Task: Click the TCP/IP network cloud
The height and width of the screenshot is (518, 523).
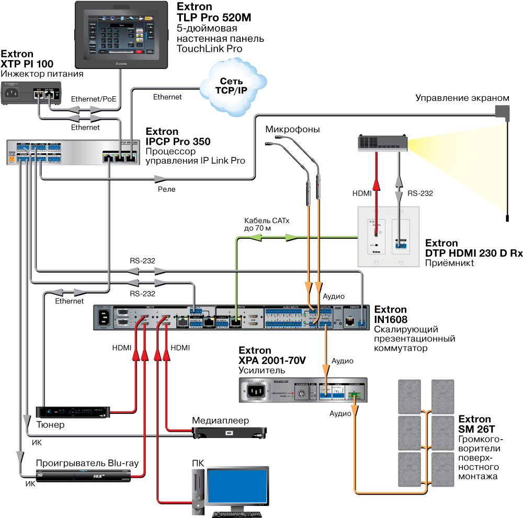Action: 232,84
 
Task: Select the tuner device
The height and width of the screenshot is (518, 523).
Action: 73,412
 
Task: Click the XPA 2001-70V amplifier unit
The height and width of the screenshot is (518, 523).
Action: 303,390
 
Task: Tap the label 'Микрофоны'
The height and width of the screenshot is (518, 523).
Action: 292,129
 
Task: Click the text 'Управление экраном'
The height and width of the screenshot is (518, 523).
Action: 462,98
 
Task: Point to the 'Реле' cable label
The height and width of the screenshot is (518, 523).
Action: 167,189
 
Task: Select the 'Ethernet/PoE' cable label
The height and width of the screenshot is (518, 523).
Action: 93,98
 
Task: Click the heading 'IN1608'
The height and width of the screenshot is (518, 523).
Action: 391,319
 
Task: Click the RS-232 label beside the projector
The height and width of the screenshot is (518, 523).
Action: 420,193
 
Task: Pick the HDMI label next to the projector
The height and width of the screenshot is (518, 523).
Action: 362,193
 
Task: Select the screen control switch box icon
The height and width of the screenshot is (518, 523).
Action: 503,111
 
